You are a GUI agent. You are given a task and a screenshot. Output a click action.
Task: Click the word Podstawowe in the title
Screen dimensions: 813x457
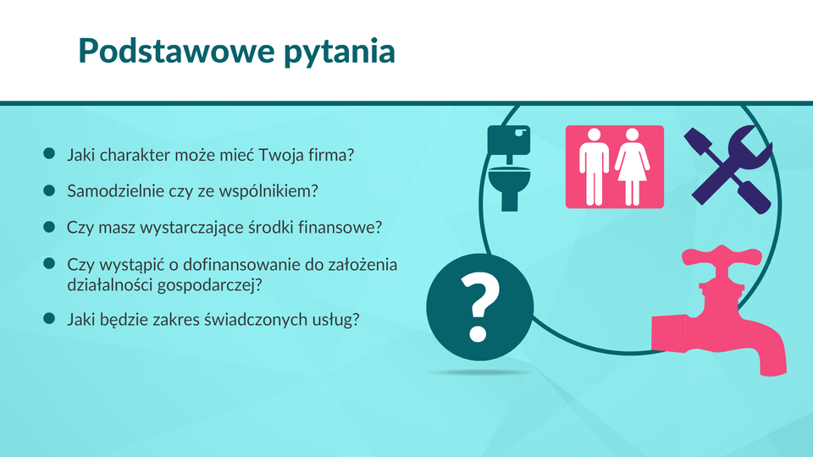click(x=176, y=51)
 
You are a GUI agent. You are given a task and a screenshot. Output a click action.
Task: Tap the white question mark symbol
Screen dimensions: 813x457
click(x=479, y=307)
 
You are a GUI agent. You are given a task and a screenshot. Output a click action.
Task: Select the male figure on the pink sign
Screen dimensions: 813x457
click(x=595, y=167)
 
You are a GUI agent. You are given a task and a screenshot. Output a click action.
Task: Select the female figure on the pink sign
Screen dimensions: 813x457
click(x=632, y=167)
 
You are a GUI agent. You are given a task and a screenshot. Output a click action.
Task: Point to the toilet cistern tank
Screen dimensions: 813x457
click(x=509, y=140)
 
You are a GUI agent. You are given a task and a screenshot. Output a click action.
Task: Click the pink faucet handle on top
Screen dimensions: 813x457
click(x=722, y=256)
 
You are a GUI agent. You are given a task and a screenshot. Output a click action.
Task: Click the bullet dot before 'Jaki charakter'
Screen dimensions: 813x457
click(x=49, y=153)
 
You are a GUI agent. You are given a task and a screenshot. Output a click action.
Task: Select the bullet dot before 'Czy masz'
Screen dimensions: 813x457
click(x=49, y=227)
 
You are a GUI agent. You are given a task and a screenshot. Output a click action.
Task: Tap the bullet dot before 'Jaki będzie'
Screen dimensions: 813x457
click(x=49, y=318)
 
